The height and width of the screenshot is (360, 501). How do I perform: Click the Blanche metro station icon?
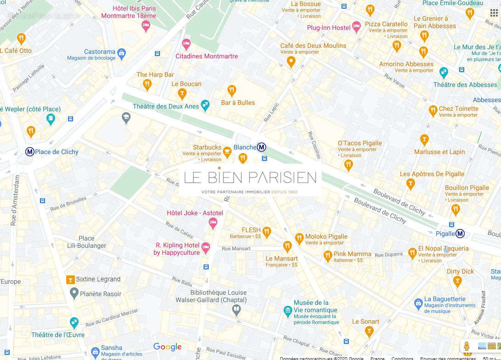(x=261, y=147)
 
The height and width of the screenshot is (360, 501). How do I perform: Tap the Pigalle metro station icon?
(x=460, y=234)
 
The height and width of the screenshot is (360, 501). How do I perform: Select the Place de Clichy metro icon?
(x=29, y=152)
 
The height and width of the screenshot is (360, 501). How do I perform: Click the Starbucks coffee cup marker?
(x=227, y=151)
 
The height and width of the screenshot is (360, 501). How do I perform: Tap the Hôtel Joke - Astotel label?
(x=194, y=213)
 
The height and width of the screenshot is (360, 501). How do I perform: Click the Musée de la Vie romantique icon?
(x=288, y=311)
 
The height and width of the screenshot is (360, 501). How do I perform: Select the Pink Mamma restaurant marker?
(x=328, y=255)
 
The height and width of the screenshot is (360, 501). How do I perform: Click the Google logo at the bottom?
(x=167, y=347)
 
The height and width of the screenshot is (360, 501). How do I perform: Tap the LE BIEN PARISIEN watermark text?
(x=250, y=177)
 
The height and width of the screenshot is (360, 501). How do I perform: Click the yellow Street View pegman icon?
(x=467, y=346)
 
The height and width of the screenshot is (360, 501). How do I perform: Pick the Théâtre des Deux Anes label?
(x=166, y=106)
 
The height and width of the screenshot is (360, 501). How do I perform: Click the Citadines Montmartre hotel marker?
(x=186, y=45)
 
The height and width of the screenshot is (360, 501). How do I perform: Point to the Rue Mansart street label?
(x=236, y=248)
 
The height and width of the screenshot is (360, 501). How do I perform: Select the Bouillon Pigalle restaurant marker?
(x=455, y=209)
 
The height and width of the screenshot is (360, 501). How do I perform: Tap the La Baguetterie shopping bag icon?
(x=418, y=303)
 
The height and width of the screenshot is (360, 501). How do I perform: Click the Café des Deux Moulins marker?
(x=290, y=61)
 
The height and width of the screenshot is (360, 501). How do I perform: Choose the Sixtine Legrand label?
(x=98, y=279)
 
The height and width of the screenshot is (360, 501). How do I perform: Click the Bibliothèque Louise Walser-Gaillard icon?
(x=236, y=310)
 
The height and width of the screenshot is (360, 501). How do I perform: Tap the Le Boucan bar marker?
(x=182, y=94)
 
